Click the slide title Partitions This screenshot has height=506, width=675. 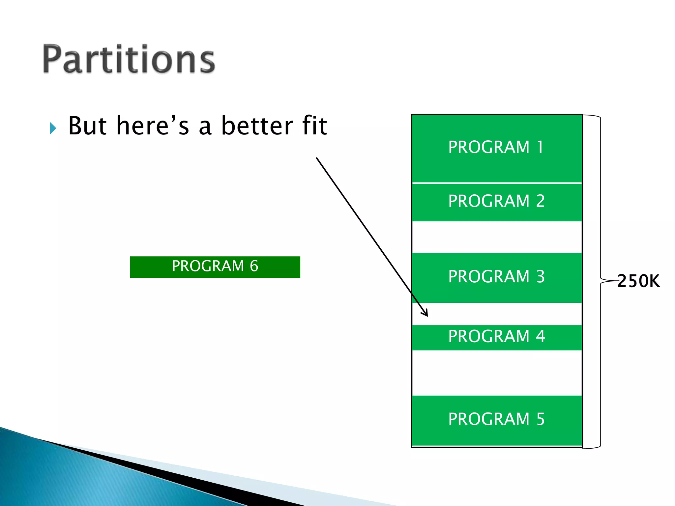pyautogui.click(x=129, y=59)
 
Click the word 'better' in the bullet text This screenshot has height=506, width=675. pyautogui.click(x=257, y=126)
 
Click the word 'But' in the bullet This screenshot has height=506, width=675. pyautogui.click(x=87, y=126)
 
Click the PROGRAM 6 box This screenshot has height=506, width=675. pyautogui.click(x=215, y=267)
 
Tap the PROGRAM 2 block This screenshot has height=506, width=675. pyautogui.click(x=496, y=202)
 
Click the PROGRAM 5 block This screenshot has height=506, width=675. pyautogui.click(x=496, y=420)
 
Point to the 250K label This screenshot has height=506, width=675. pyautogui.click(x=638, y=281)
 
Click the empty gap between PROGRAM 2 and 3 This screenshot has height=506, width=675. pyautogui.click(x=496, y=237)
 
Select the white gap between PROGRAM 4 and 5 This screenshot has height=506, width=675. pyautogui.click(x=496, y=373)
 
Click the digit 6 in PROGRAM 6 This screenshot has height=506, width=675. pyautogui.click(x=254, y=266)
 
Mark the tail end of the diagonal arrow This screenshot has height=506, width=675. pyautogui.click(x=317, y=158)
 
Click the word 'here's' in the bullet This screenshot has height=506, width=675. pyautogui.click(x=153, y=126)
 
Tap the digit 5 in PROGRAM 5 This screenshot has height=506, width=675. pyautogui.click(x=540, y=420)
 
